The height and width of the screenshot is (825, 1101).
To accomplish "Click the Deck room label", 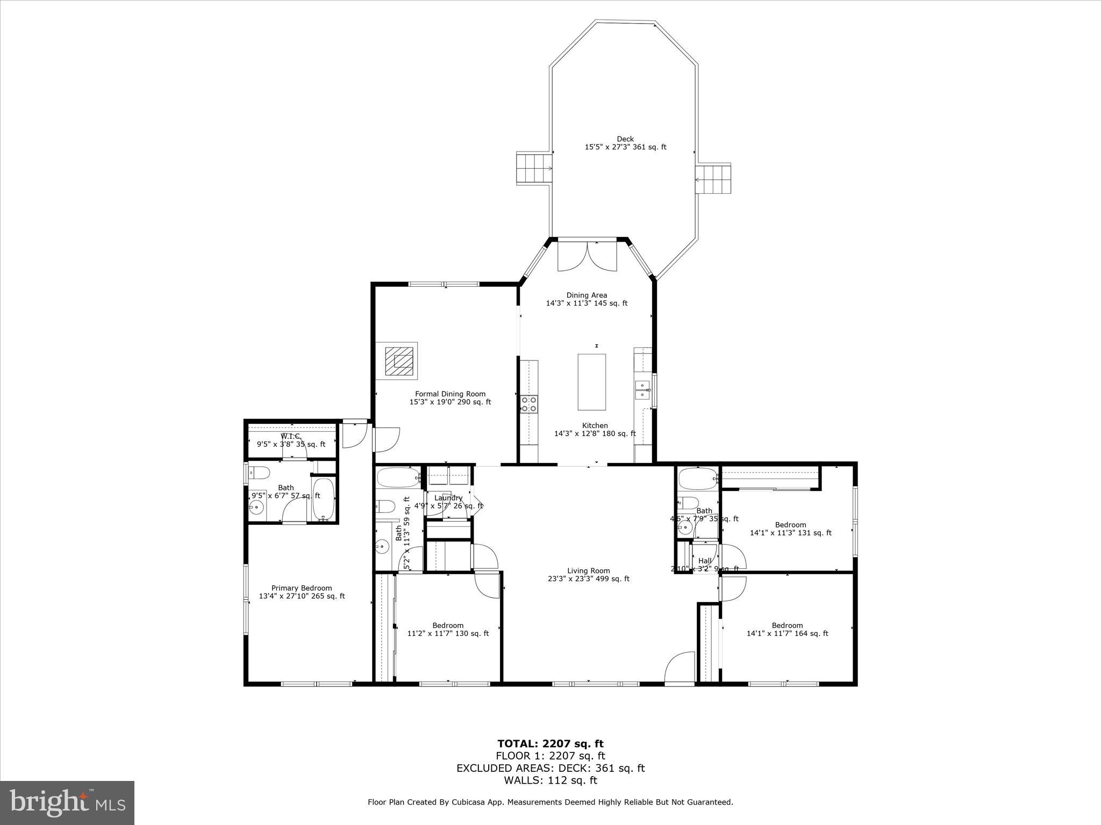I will click(625, 139).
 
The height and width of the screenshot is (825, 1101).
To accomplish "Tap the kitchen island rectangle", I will click(591, 382).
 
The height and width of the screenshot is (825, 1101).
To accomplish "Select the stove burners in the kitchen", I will click(529, 403).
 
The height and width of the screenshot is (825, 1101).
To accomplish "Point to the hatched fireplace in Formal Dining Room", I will click(399, 361).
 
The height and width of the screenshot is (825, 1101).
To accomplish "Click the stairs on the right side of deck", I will click(713, 179).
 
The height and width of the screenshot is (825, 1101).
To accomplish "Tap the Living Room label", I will click(589, 571).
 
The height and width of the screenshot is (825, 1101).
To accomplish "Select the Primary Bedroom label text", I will click(302, 588).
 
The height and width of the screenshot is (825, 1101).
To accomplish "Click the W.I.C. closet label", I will click(291, 436).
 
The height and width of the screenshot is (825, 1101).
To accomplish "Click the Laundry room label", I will click(448, 498).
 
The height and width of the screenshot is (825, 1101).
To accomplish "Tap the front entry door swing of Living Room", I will click(680, 668).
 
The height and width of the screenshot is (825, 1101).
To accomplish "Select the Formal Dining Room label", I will click(450, 394).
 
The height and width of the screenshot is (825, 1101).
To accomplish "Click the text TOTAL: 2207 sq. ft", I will click(550, 744).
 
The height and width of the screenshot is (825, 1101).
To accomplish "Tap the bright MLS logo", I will click(67, 803).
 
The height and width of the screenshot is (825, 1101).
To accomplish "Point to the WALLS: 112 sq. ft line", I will click(550, 780).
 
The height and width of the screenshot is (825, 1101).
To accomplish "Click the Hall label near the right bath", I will click(704, 561).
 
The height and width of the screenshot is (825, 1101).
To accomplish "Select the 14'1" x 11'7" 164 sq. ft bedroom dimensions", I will click(787, 633).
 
